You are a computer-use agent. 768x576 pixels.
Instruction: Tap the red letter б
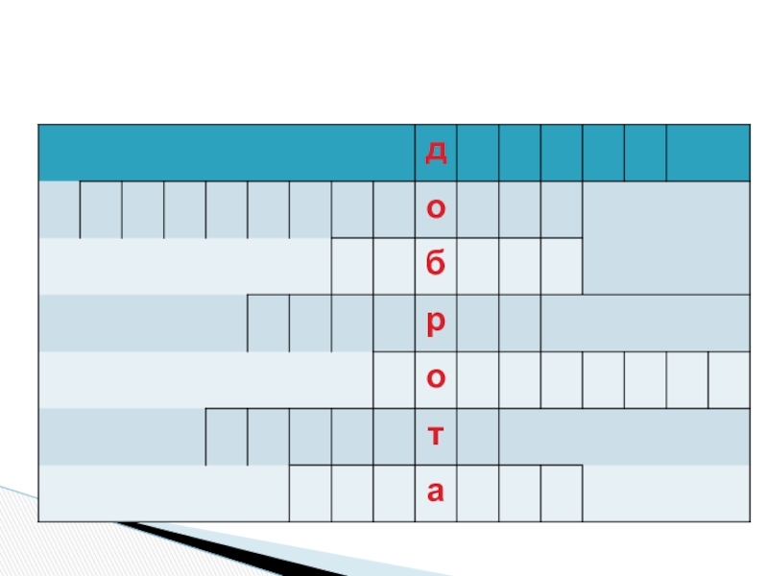[436, 266]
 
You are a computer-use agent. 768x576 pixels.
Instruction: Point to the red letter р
[436, 323]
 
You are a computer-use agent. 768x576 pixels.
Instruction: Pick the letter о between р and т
[436, 379]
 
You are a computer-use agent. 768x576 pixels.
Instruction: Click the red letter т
[436, 436]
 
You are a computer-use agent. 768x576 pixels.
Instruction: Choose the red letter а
[436, 492]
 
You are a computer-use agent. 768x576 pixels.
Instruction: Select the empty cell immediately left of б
[394, 266]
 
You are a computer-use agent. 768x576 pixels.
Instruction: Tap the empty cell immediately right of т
[477, 436]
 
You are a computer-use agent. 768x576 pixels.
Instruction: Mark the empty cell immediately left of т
[394, 436]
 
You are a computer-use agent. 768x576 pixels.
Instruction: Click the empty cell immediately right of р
[477, 323]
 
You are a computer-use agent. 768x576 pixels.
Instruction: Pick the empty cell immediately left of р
[394, 323]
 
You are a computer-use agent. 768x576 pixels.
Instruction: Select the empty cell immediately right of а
[477, 492]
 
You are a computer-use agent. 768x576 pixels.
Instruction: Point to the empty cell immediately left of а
[394, 492]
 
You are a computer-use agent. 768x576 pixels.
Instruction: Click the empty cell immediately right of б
[477, 266]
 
